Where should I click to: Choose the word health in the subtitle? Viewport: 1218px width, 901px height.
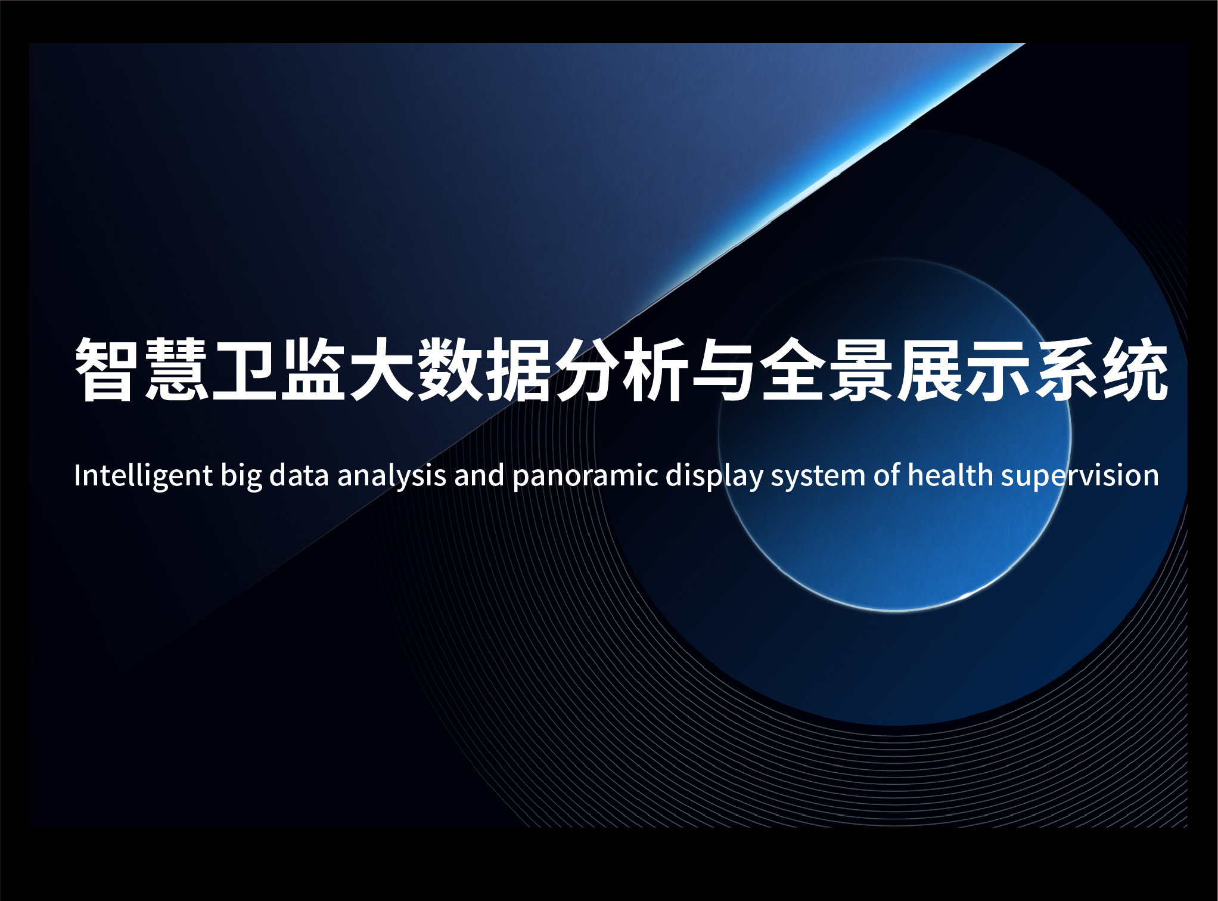pyautogui.click(x=950, y=475)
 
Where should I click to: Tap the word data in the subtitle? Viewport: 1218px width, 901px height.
pyautogui.click(x=299, y=475)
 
